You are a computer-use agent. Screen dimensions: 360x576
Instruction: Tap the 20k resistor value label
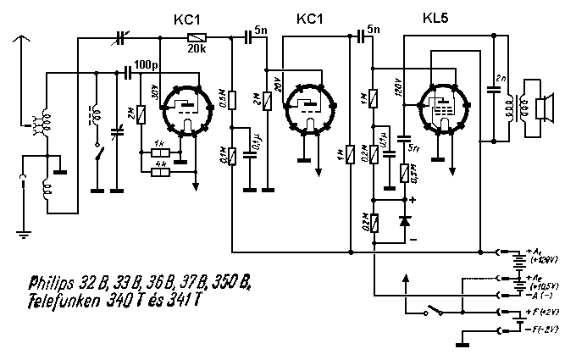point(196,49)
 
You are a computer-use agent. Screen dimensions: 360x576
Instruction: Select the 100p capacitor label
point(145,64)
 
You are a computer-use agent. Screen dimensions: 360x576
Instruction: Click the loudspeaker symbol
point(545,108)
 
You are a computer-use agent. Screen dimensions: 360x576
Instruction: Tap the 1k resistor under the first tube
point(158,153)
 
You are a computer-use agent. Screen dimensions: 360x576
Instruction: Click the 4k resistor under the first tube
point(158,172)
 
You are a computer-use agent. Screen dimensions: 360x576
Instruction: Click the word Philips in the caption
point(53,281)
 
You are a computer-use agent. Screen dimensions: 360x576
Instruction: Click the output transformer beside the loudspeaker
point(510,108)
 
